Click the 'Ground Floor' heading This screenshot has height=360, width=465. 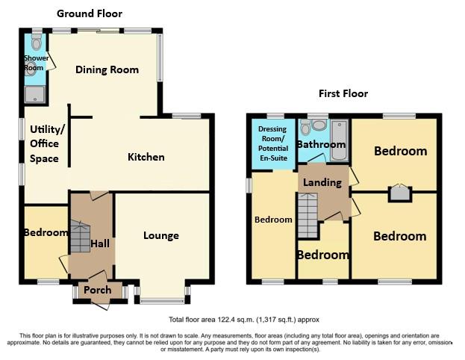90,13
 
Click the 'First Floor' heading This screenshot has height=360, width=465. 343,93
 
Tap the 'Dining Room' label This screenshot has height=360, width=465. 107,70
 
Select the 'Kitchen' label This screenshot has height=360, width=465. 146,157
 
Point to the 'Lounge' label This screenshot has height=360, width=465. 160,236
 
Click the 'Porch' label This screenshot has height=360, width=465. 98,290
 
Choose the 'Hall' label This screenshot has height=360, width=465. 100,243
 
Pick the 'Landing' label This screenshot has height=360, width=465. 322,182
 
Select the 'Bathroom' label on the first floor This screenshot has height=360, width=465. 321,144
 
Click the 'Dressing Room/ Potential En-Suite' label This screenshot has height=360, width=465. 272,143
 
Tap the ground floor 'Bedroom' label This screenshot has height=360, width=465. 46,232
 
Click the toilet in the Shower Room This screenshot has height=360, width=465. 37,43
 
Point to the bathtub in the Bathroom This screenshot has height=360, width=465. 339,140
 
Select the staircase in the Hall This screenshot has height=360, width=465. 80,237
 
